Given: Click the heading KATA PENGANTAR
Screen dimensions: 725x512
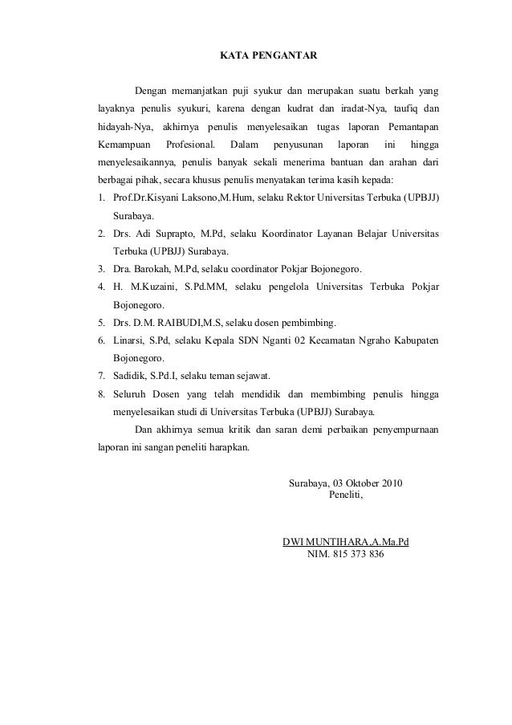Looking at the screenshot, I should click(269, 57).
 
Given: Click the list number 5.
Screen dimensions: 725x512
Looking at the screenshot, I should click(101, 322).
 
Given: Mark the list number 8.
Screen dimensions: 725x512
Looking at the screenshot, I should click(101, 393).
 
